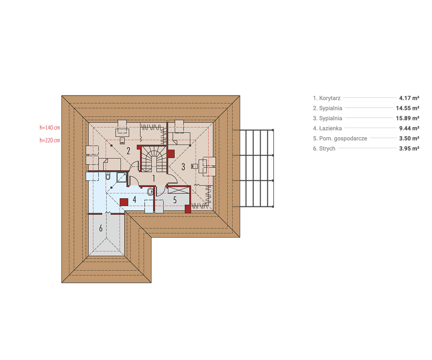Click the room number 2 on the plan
point(128,151)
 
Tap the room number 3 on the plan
point(183,167)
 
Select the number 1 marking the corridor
point(153,178)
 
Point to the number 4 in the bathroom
point(135,199)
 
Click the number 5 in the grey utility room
point(175,200)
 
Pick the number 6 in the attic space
point(101,228)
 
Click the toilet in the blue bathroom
point(108,176)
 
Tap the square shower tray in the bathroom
point(122,177)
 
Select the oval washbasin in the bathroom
point(150,192)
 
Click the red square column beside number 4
point(124,202)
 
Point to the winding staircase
point(154,159)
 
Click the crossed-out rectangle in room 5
point(179,190)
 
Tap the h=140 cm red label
point(50,128)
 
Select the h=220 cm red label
point(50,140)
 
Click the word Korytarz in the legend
point(330,98)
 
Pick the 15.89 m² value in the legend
point(408,118)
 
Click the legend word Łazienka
point(330,128)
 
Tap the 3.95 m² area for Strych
point(409,148)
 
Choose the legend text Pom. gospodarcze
point(343,138)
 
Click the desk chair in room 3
point(195,166)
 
